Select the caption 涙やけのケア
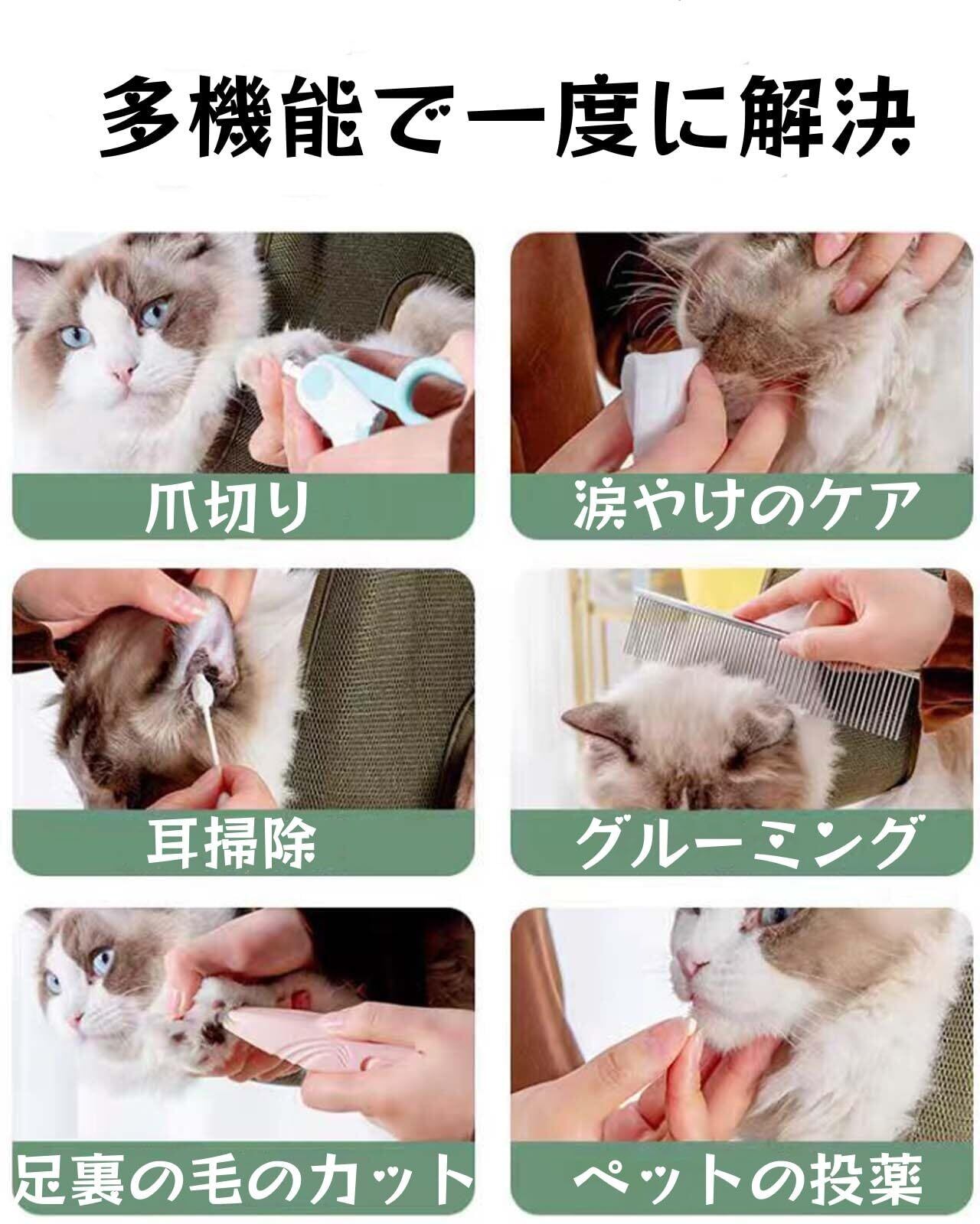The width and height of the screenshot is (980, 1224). click(x=746, y=504)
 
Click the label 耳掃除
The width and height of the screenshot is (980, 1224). click(x=230, y=841)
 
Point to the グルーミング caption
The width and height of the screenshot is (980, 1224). click(x=746, y=841)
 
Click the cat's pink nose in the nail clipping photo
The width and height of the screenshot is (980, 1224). click(x=124, y=373)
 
